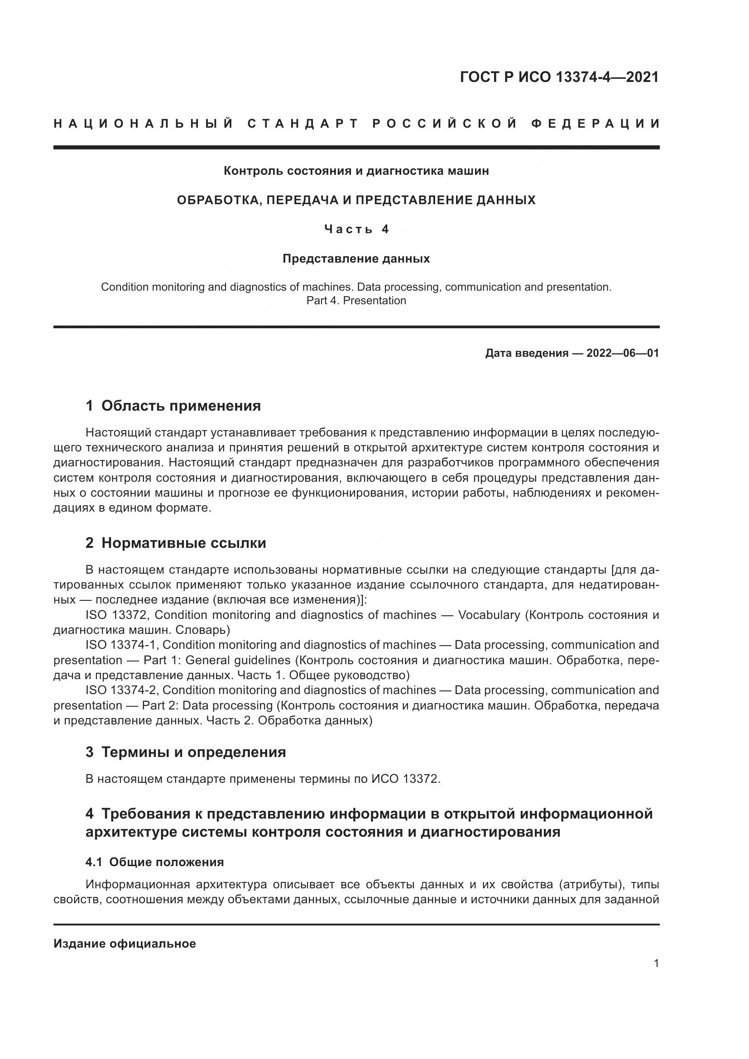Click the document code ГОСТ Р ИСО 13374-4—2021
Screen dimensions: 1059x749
pyautogui.click(x=559, y=77)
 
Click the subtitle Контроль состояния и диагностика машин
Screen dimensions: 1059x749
pyautogui.click(x=356, y=171)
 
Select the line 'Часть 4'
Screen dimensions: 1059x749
pyautogui.click(x=356, y=229)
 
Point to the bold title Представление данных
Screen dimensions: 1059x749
pyautogui.click(x=356, y=259)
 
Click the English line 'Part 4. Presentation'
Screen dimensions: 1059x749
pyautogui.click(x=356, y=301)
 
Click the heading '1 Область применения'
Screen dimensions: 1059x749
pyautogui.click(x=173, y=406)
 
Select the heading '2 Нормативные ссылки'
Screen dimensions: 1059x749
pyautogui.click(x=176, y=543)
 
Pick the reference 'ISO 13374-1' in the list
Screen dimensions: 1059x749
pyautogui.click(x=121, y=645)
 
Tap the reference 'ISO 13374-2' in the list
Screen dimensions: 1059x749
pyautogui.click(x=121, y=690)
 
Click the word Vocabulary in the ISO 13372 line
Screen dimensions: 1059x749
pyautogui.click(x=489, y=615)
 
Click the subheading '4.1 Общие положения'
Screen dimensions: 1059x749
pyautogui.click(x=154, y=862)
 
